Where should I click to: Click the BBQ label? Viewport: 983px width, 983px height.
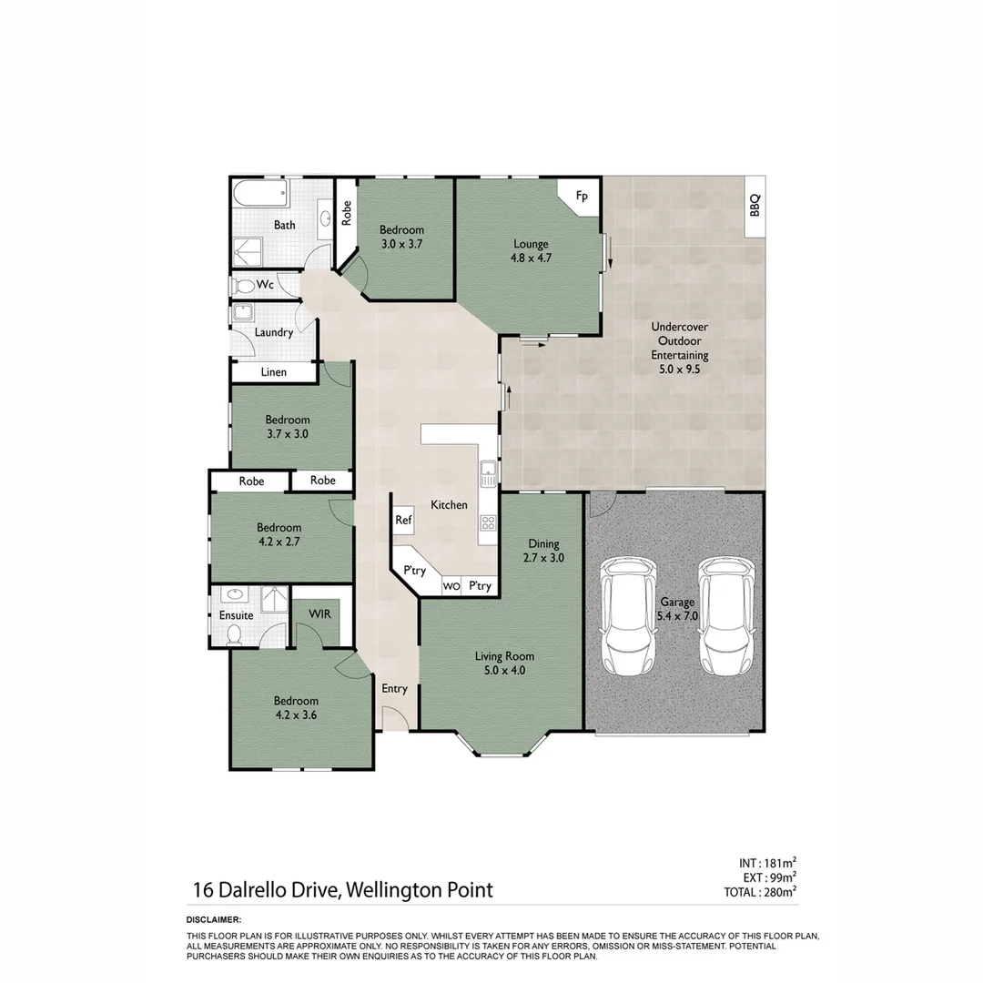point(754,207)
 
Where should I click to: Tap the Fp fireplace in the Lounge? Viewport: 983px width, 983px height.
point(582,197)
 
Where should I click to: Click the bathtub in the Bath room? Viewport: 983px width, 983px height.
point(259,194)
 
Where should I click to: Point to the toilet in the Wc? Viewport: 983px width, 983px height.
point(242,286)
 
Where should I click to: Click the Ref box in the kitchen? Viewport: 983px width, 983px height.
point(403,521)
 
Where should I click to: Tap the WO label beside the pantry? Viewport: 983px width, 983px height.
point(451,587)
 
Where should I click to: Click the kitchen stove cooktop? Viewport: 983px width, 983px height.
point(488,522)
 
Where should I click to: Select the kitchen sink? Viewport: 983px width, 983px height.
point(487,471)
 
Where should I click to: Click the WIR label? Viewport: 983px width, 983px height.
point(318,614)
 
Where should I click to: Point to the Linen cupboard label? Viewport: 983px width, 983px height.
point(273,372)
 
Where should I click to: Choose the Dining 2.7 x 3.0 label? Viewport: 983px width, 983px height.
point(543,552)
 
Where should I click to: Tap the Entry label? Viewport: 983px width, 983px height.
point(394,689)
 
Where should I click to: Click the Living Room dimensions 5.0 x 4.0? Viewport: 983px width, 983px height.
point(503,671)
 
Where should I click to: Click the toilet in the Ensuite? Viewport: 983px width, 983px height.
point(235,633)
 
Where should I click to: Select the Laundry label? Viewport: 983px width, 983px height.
point(273,332)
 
